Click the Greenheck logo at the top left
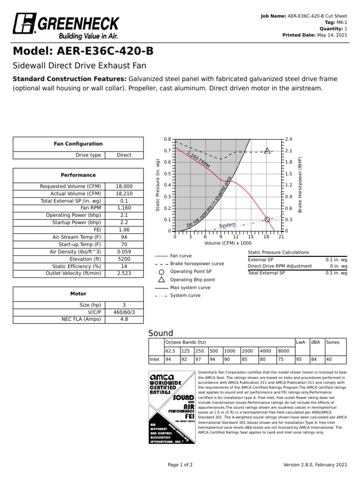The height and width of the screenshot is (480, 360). click(66, 27)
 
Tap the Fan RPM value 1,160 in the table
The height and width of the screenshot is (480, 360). click(124, 208)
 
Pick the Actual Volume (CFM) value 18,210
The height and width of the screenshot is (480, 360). click(124, 194)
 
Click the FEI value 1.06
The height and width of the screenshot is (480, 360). click(124, 230)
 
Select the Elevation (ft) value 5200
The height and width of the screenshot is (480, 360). click(124, 259)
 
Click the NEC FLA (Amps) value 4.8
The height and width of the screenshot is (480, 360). click(124, 319)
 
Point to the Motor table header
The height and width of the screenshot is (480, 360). click(78, 294)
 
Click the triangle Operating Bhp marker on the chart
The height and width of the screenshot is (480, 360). click(267, 150)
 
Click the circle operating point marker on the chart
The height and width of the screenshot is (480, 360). click(267, 219)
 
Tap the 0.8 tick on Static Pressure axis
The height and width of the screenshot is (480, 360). click(167, 139)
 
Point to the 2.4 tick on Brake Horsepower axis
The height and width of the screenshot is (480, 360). click(289, 139)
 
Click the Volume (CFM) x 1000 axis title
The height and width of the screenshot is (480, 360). click(228, 243)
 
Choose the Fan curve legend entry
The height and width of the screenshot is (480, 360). click(180, 256)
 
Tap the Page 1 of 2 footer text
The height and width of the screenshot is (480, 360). click(180, 465)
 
